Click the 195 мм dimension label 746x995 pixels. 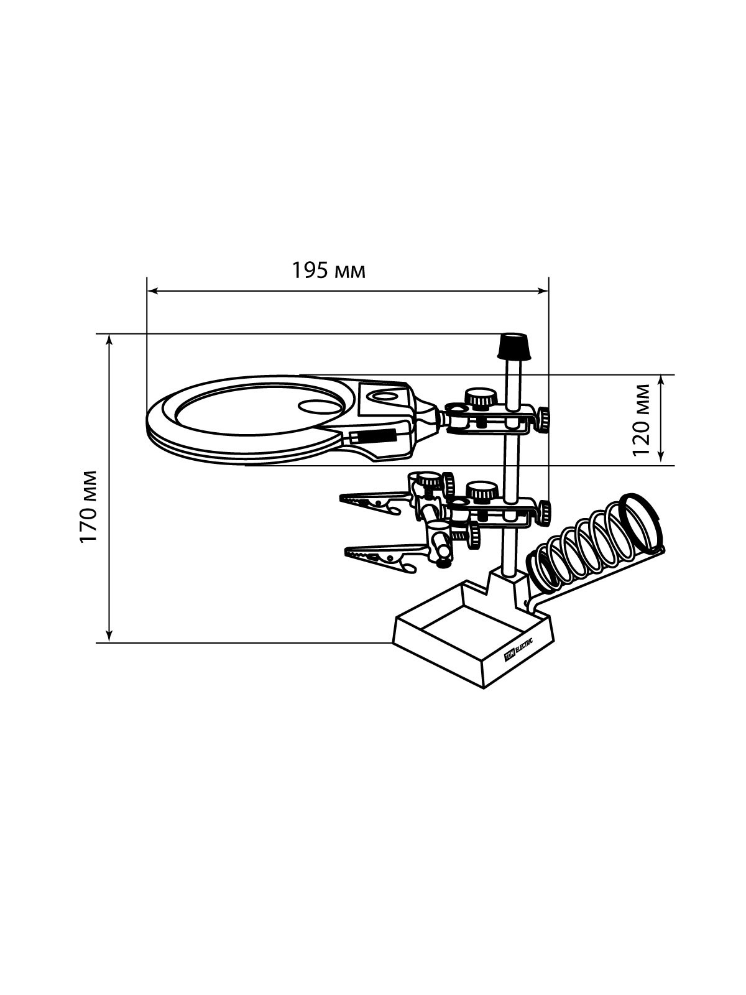[328, 271]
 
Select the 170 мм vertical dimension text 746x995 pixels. [88, 507]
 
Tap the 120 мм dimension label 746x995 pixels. [640, 420]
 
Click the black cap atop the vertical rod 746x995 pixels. [515, 346]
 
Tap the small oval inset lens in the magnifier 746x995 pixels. [320, 405]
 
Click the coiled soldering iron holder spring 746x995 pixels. [589, 544]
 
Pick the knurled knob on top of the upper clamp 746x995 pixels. [481, 397]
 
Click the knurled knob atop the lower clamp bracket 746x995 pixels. [482, 491]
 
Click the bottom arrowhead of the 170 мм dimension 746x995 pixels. [109, 636]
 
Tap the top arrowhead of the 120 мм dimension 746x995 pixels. [661, 381]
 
